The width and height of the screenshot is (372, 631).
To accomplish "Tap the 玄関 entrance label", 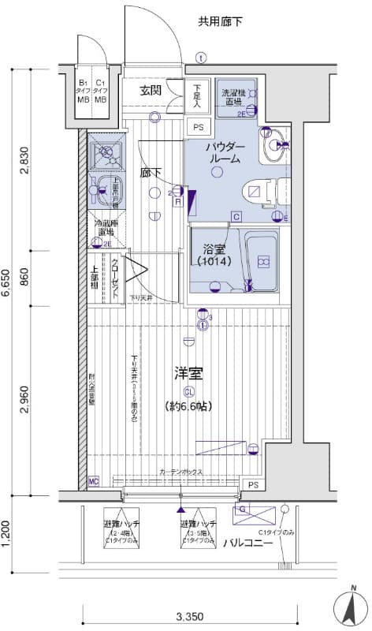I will point(151,91).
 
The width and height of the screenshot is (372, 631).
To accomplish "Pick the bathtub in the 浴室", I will point(261,258).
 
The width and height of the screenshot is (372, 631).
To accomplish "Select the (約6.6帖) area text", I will point(188,407).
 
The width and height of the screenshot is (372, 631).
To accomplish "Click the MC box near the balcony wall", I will point(94,481).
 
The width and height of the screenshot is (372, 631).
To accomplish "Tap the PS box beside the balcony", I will point(253,484).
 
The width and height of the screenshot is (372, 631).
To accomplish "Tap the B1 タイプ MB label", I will point(83,91).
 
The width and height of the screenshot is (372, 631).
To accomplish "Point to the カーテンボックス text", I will point(180,472).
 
